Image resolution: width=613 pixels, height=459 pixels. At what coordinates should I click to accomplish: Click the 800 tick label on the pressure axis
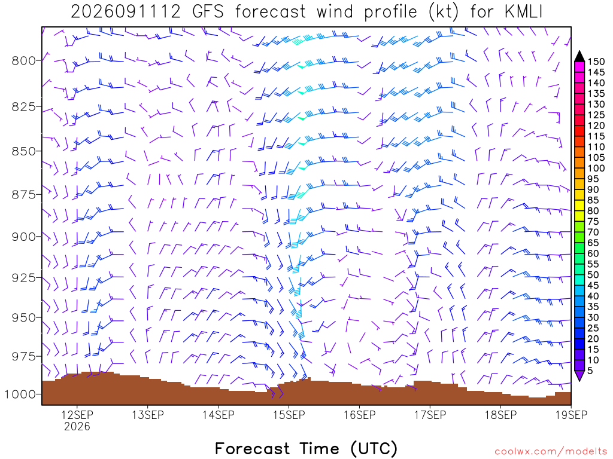tap(23, 61)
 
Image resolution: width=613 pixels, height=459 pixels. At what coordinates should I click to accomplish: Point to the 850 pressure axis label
tap(23, 151)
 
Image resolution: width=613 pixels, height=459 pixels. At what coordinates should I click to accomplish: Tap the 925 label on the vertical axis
tap(23, 278)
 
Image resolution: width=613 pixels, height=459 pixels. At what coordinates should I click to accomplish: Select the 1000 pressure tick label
tap(20, 394)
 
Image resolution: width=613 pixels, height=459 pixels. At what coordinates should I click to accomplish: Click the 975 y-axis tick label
tap(23, 357)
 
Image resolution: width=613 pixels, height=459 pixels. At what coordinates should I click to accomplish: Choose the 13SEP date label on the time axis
tap(148, 415)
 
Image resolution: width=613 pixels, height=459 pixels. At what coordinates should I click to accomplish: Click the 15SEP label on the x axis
tap(289, 415)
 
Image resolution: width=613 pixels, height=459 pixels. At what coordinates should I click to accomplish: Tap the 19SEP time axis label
tap(571, 415)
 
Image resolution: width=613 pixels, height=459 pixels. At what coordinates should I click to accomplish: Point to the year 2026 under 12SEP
tap(77, 427)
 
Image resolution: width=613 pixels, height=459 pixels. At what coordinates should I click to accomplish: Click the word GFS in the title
tap(208, 12)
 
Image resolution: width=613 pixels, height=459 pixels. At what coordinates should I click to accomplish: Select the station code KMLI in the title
tap(523, 12)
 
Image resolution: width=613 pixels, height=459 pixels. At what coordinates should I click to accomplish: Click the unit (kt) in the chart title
tap(443, 12)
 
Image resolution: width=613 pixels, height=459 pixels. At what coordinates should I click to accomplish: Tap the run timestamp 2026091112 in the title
tap(126, 12)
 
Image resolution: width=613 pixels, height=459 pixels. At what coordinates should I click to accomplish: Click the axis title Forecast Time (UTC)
tap(306, 448)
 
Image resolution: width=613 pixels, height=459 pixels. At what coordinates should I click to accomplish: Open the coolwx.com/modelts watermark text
tap(551, 452)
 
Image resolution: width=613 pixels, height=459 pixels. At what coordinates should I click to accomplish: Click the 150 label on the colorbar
tap(596, 62)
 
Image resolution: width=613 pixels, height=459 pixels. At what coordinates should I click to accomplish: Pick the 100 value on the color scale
tap(596, 168)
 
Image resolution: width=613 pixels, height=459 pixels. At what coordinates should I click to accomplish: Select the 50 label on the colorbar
tap(593, 275)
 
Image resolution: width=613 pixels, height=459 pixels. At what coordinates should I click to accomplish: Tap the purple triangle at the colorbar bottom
tap(579, 375)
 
